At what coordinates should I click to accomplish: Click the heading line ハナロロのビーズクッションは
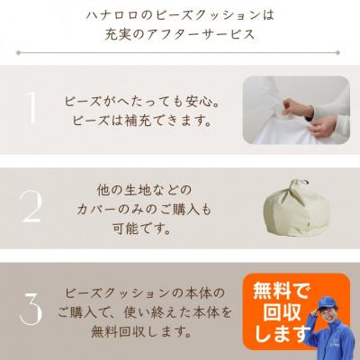pyautogui.click(x=180, y=15)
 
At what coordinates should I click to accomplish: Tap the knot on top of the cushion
pyautogui.click(x=294, y=183)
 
